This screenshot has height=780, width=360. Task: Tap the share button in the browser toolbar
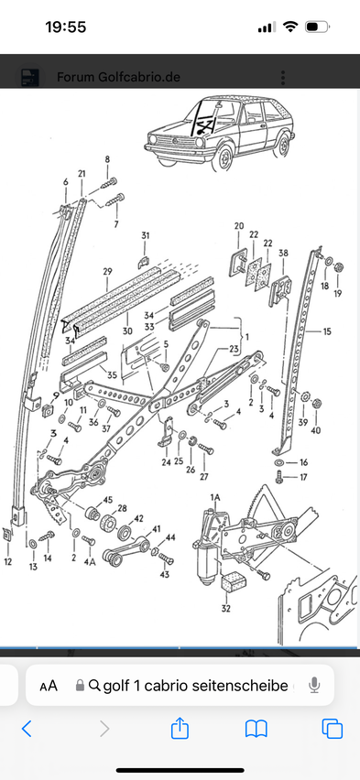[x=180, y=729]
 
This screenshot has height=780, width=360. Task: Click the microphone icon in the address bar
[x=313, y=686]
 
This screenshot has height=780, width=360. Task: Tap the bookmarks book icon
[x=256, y=729]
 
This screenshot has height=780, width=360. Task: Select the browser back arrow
[x=27, y=729]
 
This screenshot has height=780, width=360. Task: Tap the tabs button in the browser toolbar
[x=333, y=729]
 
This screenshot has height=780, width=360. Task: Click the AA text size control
[x=49, y=686]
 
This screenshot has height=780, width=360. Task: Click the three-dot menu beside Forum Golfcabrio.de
[x=283, y=78]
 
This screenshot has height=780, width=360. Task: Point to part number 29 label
[x=107, y=272]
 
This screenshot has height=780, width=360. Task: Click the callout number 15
[x=327, y=331]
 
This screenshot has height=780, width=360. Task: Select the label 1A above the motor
[x=214, y=497]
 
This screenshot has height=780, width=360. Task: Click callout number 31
[x=145, y=235]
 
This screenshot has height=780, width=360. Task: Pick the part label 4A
[x=90, y=562]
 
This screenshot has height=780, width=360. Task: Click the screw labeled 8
[x=108, y=184]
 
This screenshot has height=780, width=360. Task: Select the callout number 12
[x=7, y=561]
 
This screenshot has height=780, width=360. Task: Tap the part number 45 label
[x=107, y=500]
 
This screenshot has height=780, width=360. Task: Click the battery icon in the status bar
[x=317, y=27]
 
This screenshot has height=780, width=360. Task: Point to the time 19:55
[x=66, y=27]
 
